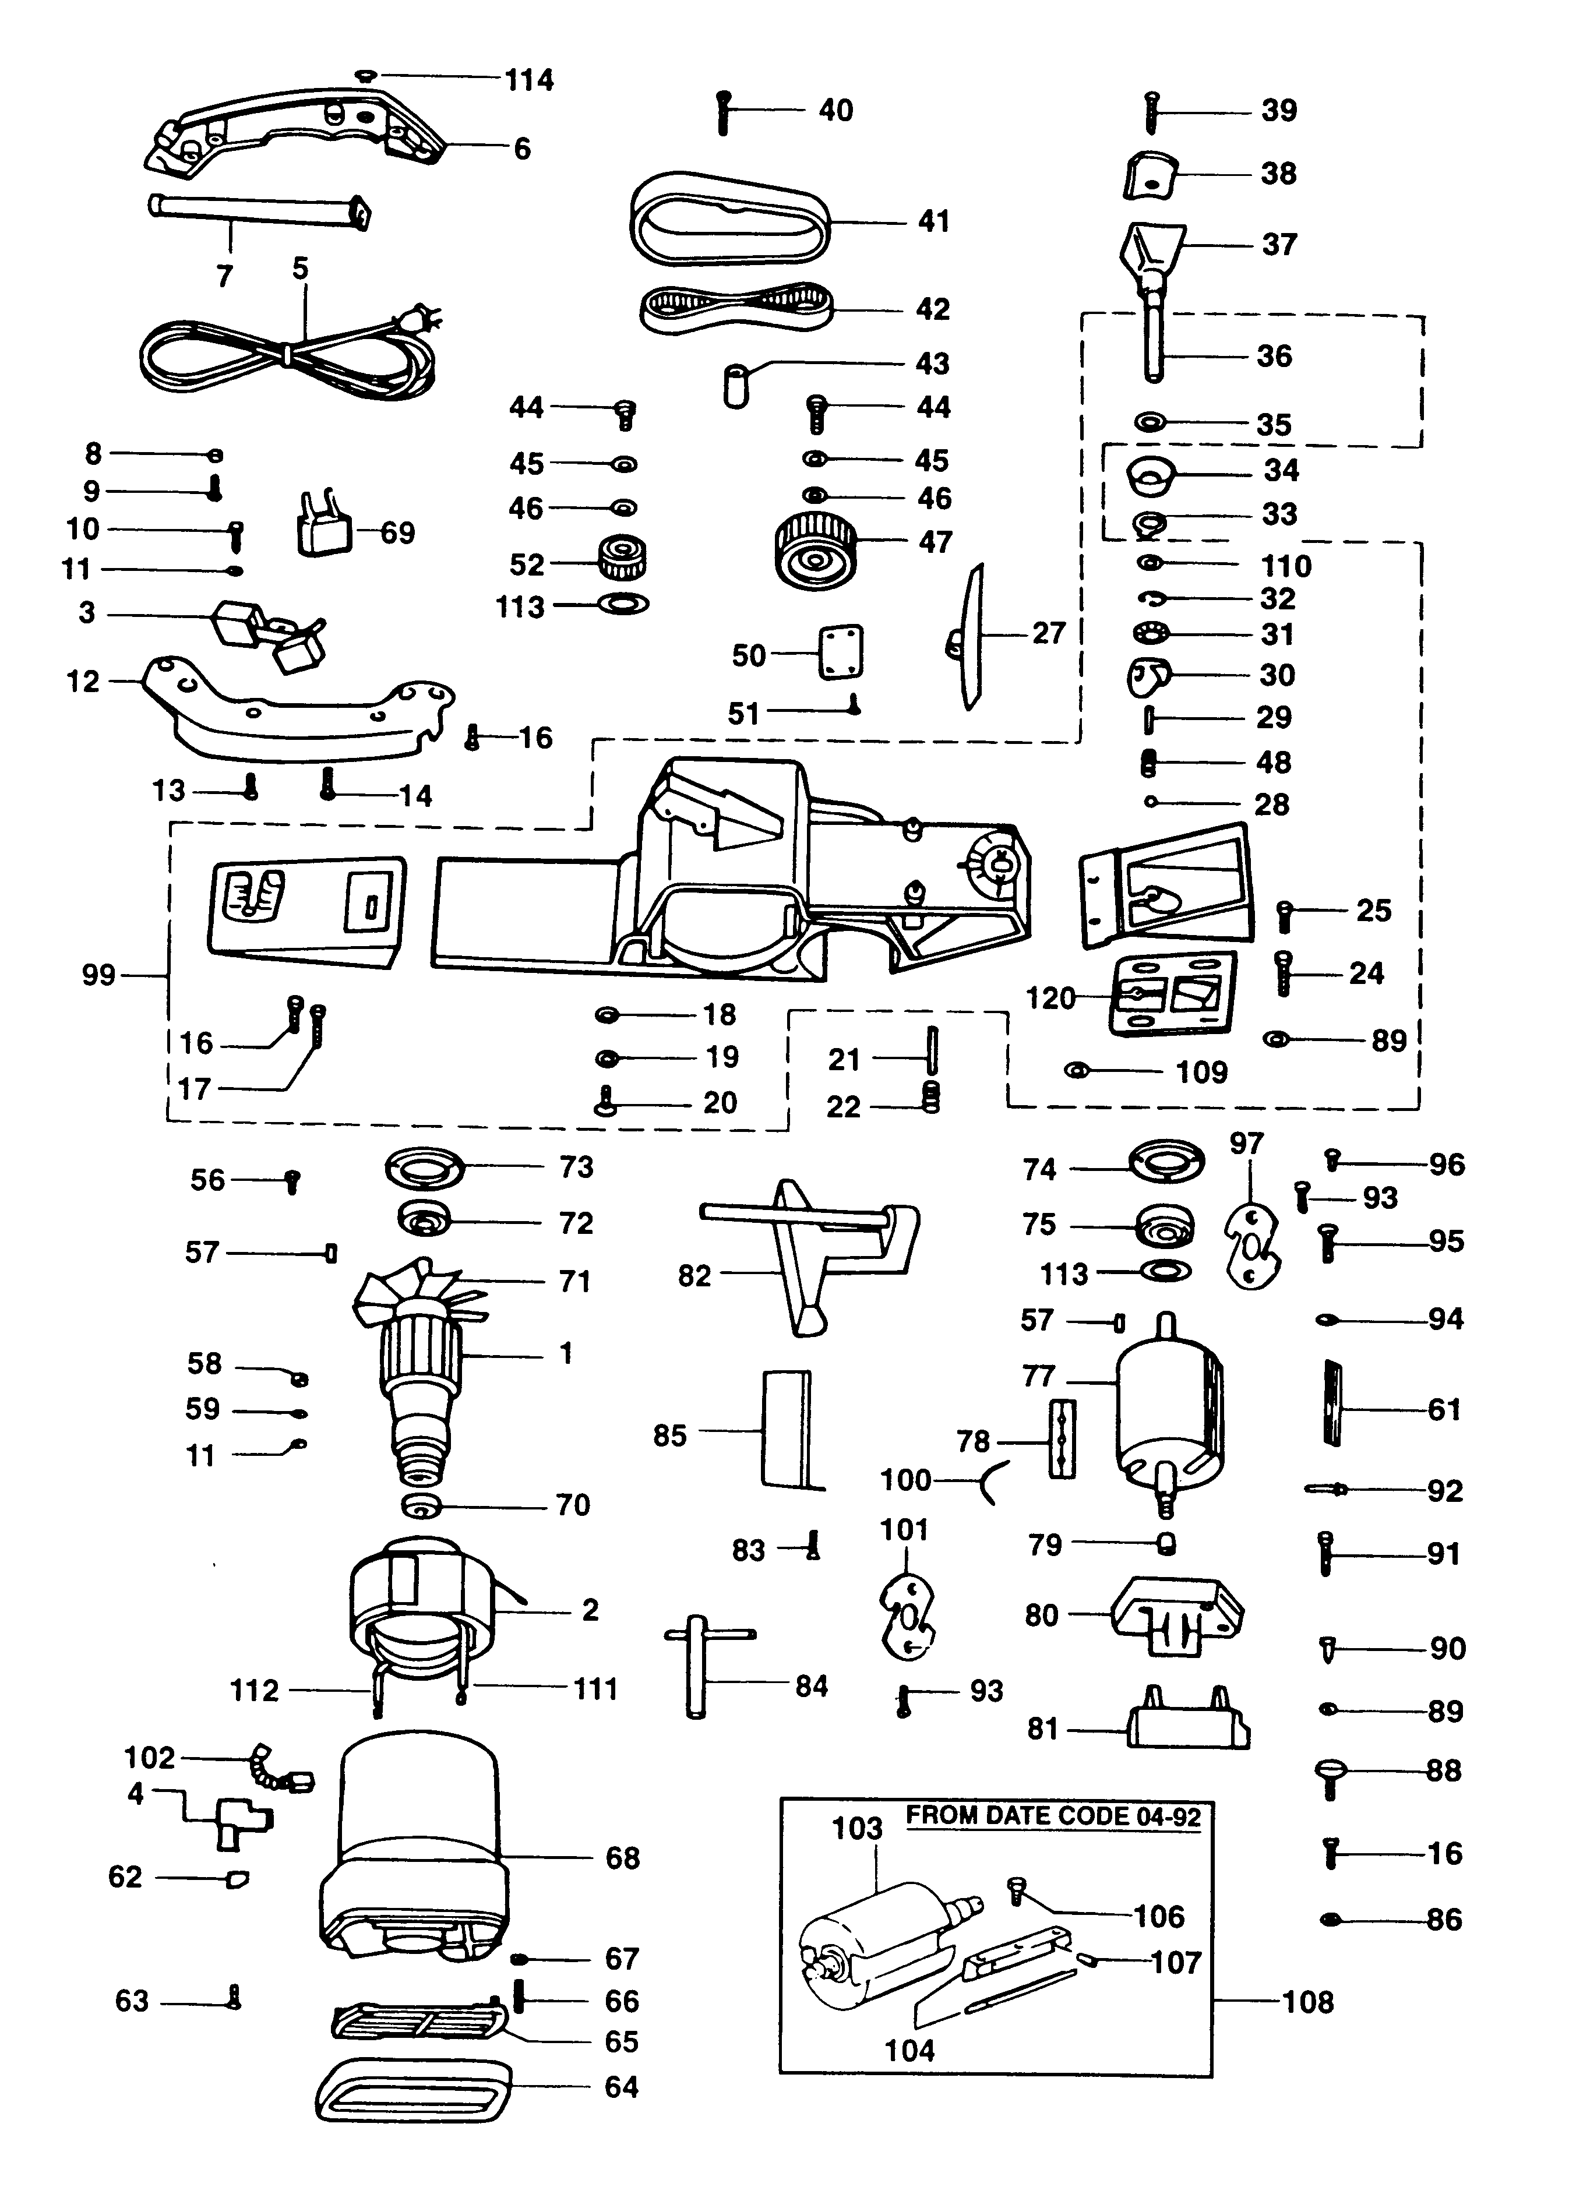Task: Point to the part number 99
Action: coord(98,976)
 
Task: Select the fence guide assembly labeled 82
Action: coord(810,1248)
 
